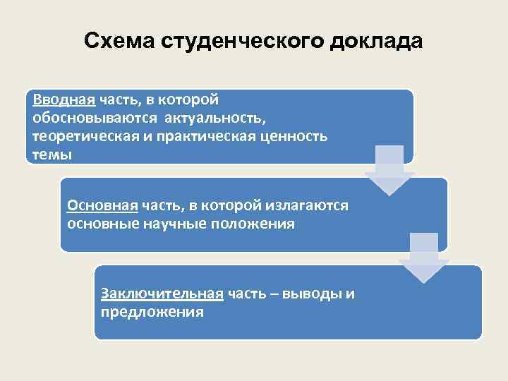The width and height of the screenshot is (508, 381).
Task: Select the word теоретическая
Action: pos(85,135)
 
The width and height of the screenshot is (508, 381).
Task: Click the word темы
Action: pos(52,154)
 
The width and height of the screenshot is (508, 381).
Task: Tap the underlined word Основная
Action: pos(102,205)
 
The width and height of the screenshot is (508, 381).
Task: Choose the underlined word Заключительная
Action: pos(162,294)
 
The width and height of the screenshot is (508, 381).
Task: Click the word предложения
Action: pos(152,312)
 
